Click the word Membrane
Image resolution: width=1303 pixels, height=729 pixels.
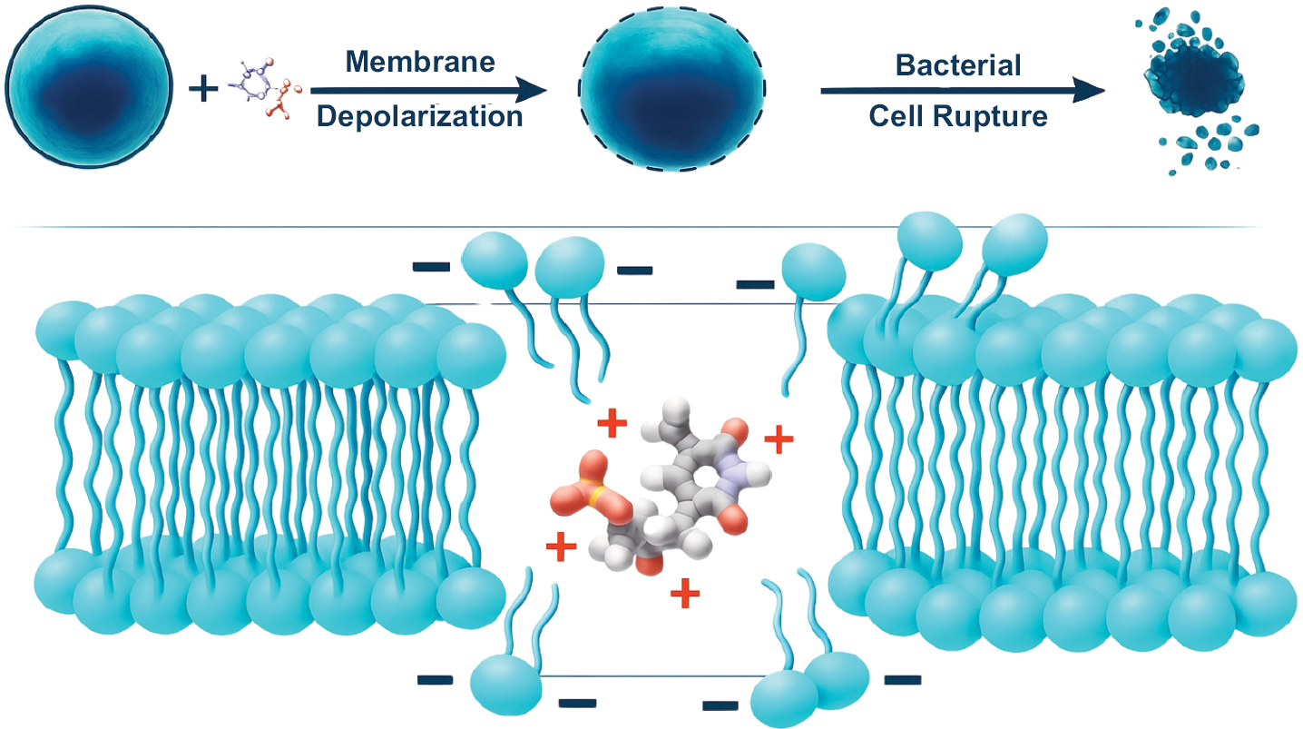420,62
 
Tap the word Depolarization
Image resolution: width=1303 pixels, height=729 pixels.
419,117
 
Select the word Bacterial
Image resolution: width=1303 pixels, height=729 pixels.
958,65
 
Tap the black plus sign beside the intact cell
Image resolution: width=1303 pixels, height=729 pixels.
203,89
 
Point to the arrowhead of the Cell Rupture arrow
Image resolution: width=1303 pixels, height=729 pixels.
1092,90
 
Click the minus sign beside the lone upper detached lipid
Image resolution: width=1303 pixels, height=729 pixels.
756,284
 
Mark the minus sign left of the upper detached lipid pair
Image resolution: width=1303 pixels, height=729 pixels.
431,267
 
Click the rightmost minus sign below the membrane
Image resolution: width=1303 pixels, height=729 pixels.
901,678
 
